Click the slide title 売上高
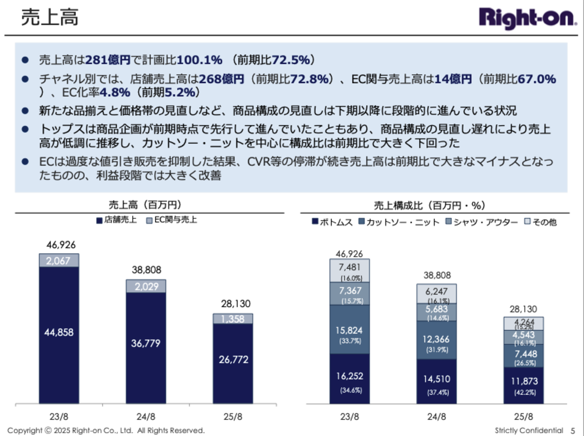(x=49, y=17)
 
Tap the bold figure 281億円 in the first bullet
(x=108, y=60)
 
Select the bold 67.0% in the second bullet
(x=537, y=79)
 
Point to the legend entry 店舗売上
(x=116, y=220)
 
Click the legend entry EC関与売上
(x=172, y=220)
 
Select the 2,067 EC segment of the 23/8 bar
(x=59, y=261)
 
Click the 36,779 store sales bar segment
(x=146, y=343)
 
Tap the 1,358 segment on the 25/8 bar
(x=233, y=319)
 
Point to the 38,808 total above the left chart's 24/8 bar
(x=146, y=270)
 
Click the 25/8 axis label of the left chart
(x=233, y=417)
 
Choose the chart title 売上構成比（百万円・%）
(x=429, y=205)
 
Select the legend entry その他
(x=541, y=222)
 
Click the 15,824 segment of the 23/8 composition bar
(x=349, y=331)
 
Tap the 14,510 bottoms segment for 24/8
(x=437, y=379)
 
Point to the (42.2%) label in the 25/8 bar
(x=525, y=393)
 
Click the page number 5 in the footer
(x=573, y=431)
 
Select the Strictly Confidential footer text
(x=529, y=431)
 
